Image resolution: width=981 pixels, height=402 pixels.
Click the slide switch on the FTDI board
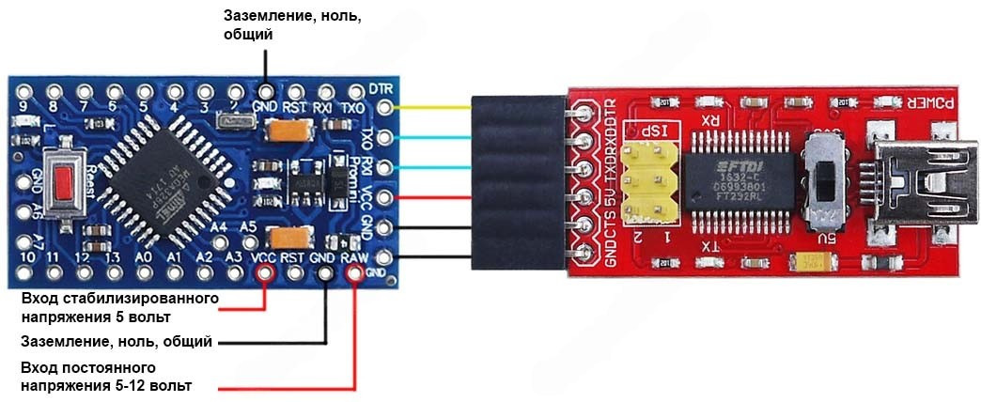pos(826,179)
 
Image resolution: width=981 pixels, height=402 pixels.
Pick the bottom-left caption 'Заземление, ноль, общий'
pos(117,341)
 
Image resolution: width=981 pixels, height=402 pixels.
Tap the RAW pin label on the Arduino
pos(353,255)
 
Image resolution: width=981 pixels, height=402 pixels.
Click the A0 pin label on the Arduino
pos(144,255)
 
